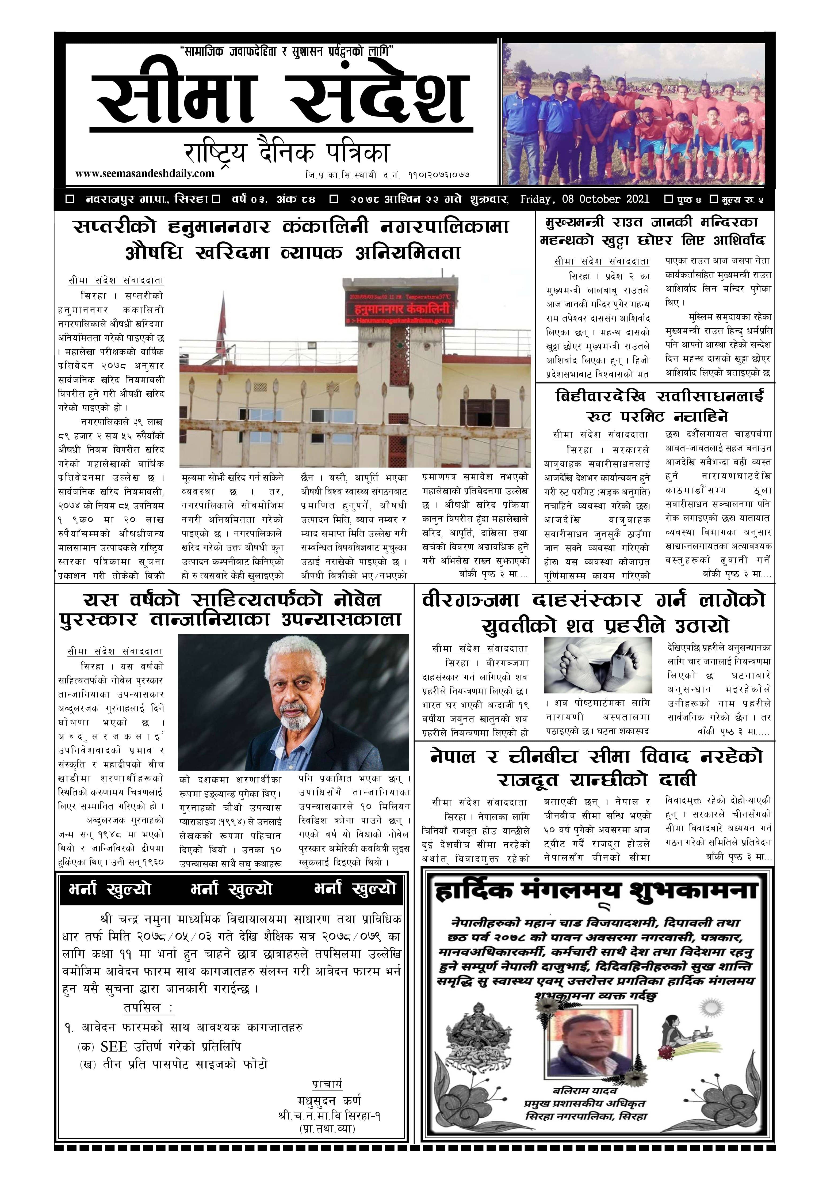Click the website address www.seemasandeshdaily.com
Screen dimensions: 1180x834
tap(144, 174)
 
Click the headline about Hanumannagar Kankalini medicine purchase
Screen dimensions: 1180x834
tap(292, 240)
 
